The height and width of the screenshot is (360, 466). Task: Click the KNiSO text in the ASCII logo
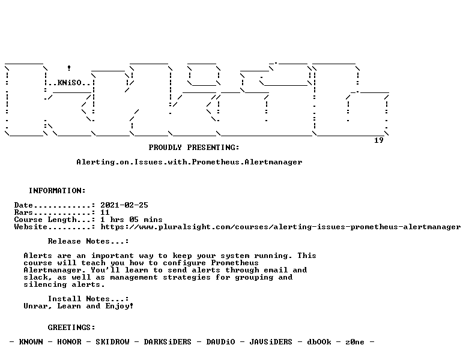click(69, 82)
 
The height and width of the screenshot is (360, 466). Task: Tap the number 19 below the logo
click(378, 140)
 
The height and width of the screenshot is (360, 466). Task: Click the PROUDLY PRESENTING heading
click(194, 148)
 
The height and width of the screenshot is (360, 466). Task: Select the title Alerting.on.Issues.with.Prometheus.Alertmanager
click(189, 162)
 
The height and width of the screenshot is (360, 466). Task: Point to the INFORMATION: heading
click(57, 191)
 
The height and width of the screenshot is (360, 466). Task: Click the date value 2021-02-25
click(124, 205)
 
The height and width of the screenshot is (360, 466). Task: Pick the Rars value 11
click(105, 212)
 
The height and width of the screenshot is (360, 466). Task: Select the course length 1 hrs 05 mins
click(132, 220)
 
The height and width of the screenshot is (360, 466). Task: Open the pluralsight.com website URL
click(280, 227)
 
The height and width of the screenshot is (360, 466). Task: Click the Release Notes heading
click(88, 241)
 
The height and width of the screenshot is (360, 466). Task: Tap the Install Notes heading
click(88, 299)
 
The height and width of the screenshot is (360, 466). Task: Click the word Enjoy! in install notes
click(120, 306)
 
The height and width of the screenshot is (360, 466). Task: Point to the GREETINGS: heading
click(71, 328)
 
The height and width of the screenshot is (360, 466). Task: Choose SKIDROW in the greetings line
click(112, 342)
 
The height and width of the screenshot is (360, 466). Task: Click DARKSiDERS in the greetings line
click(168, 342)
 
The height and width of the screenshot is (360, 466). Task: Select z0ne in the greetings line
click(355, 342)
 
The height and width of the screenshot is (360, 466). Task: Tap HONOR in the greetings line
click(69, 342)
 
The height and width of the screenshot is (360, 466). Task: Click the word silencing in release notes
click(45, 284)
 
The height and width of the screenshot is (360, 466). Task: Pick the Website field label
click(31, 227)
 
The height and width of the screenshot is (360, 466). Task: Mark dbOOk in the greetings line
click(319, 342)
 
